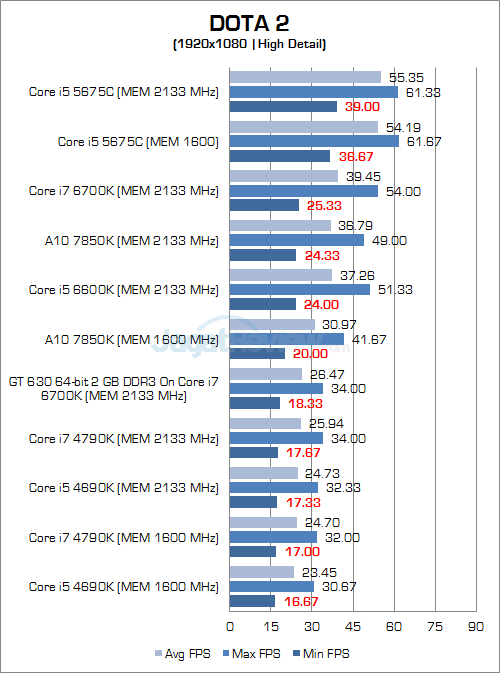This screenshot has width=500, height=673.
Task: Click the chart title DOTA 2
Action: [x=250, y=23]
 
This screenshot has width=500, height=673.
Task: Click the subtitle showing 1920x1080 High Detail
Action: [x=250, y=44]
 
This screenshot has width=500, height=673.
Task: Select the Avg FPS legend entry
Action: [x=182, y=653]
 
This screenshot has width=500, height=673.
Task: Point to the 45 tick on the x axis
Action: [x=353, y=627]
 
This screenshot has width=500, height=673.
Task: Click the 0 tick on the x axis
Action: [x=230, y=627]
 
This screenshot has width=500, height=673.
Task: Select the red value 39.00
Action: [x=361, y=107]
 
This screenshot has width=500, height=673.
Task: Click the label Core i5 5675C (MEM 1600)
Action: [x=138, y=142]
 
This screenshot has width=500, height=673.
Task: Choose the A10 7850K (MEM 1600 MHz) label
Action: [x=124, y=339]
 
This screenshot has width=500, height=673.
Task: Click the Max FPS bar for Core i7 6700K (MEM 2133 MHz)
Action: [x=304, y=191]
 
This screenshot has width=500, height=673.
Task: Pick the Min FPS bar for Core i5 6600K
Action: [x=263, y=304]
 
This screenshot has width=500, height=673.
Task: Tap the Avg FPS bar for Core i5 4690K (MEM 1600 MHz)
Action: [x=262, y=572]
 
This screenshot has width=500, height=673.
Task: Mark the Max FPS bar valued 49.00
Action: [x=297, y=240]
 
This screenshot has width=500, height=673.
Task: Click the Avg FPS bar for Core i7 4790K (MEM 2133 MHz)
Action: [x=265, y=423]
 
